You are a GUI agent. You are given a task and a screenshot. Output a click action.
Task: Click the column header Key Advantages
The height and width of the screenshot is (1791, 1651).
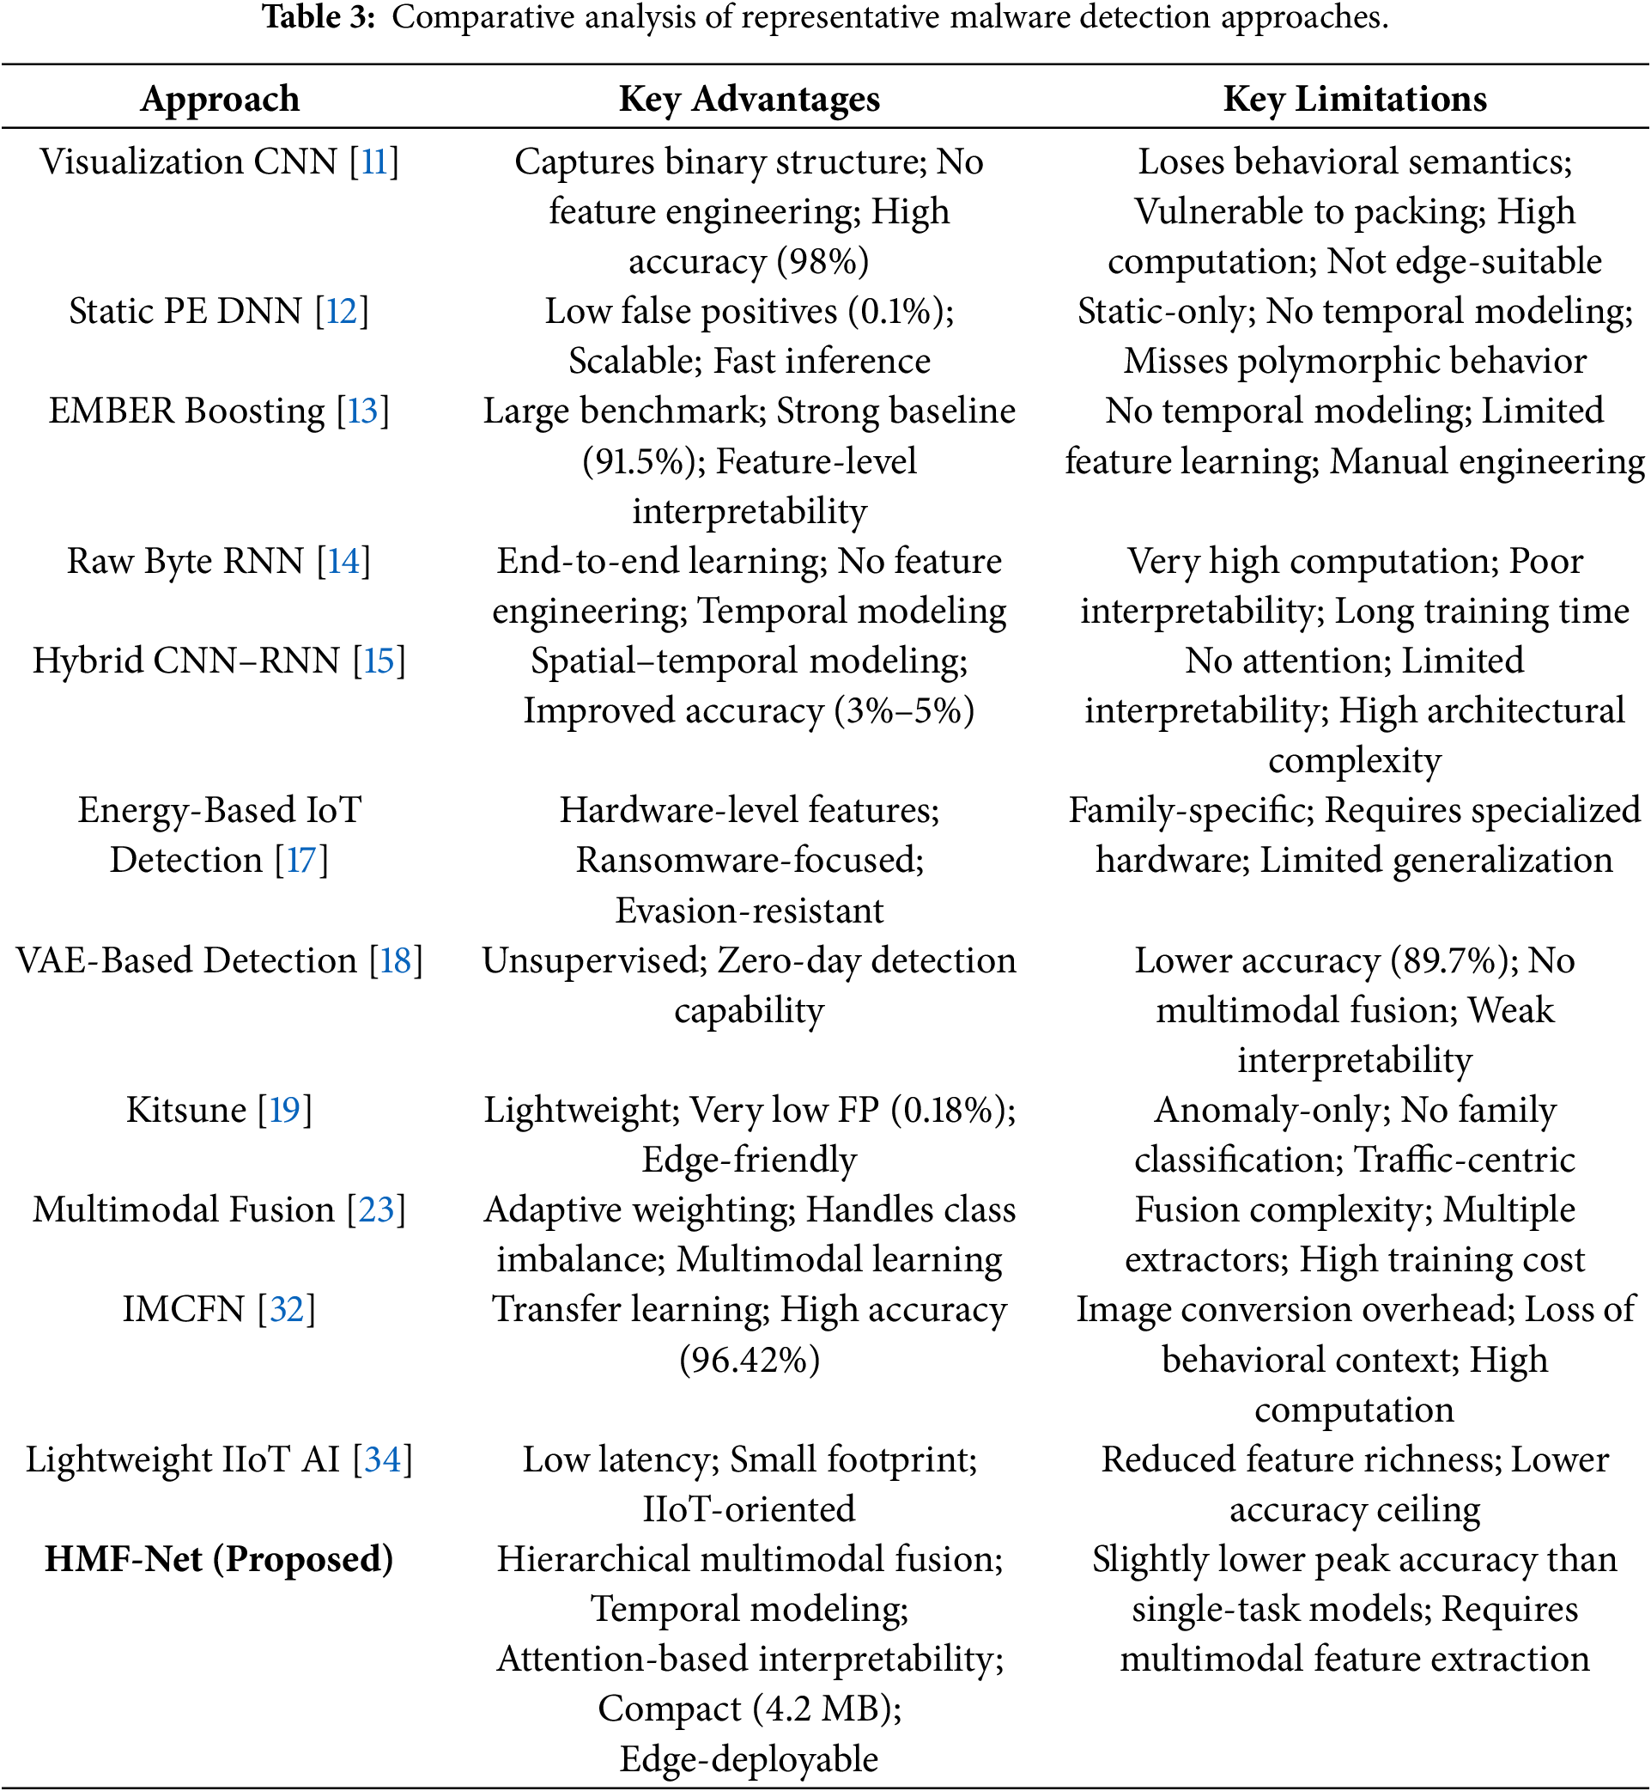[x=749, y=99]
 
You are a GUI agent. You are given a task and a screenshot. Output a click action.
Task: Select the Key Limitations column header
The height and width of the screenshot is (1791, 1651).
[x=1355, y=99]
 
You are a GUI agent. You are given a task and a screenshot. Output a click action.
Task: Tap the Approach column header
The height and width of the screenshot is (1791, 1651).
[x=220, y=99]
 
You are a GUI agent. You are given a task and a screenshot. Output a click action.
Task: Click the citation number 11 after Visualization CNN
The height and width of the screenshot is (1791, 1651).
[x=374, y=161]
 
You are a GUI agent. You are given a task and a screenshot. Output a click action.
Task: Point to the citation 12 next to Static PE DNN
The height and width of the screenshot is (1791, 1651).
[x=342, y=311]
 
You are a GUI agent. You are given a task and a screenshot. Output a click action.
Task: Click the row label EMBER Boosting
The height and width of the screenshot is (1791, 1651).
[x=186, y=411]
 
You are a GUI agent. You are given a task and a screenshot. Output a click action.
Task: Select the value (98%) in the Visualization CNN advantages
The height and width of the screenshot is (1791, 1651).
[x=822, y=262]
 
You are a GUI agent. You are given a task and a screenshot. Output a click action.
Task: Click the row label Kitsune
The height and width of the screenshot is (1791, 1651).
[x=185, y=1110]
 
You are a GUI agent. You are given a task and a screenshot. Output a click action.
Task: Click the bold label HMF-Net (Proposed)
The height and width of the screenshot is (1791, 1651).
[x=219, y=1558]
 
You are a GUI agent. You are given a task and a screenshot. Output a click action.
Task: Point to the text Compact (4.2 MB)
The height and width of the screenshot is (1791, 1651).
[x=749, y=1709]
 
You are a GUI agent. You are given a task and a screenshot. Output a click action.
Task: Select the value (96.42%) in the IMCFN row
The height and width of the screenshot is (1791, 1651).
[x=749, y=1359]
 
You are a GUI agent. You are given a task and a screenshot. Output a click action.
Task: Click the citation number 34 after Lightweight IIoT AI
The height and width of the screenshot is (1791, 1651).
[x=382, y=1459]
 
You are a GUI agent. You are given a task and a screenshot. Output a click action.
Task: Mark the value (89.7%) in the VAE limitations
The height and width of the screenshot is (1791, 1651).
[x=1452, y=960]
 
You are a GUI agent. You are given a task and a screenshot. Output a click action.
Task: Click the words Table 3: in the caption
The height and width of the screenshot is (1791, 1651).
[x=319, y=16]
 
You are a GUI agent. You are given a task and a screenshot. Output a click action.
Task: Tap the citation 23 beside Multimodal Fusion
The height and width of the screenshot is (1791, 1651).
[x=376, y=1209]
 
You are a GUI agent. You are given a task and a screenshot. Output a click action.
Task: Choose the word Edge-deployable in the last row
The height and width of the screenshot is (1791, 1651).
[x=749, y=1759]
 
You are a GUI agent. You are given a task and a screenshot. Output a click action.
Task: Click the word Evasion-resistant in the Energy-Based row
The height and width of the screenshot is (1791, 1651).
[x=749, y=911]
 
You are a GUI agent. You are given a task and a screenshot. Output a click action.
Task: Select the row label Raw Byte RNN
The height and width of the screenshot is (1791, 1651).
[x=185, y=561]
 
